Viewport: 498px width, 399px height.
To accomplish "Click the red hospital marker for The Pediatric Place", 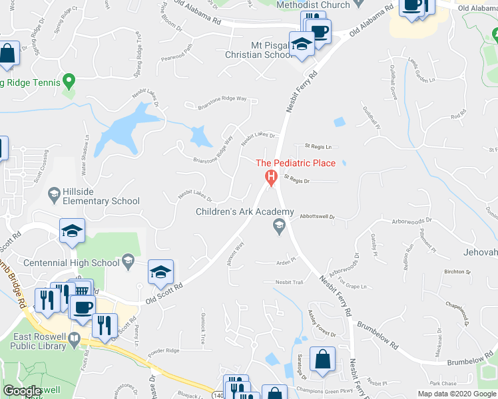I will coord(271,178).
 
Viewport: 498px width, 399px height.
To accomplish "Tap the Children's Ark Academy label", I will coord(244,211).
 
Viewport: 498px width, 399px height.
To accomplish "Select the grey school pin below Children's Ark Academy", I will coord(280,227).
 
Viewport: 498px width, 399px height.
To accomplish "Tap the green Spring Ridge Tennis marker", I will coord(68,82).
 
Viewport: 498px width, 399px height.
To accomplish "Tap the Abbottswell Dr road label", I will coord(316,216).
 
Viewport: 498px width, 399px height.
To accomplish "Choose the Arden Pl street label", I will coord(286,261).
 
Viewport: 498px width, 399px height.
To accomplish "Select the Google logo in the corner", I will coord(23,391).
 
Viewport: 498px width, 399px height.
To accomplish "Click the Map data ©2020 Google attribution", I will coord(457,394).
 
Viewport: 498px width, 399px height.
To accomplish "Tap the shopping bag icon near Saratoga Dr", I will coord(322,359).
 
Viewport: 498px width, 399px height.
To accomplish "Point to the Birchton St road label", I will coord(457,272).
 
